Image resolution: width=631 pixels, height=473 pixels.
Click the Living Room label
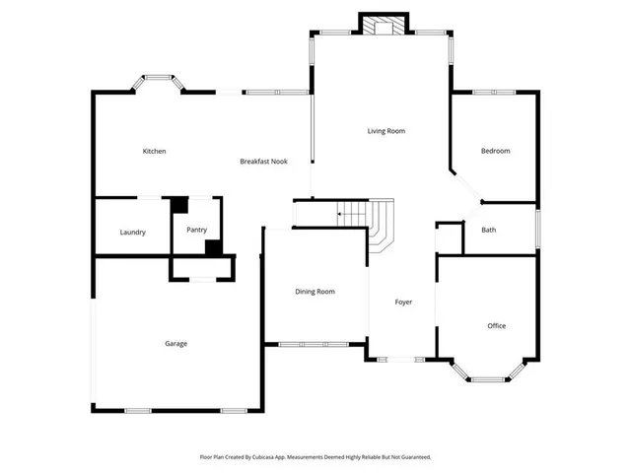click(x=386, y=131)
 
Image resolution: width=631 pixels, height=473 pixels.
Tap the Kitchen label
click(x=154, y=151)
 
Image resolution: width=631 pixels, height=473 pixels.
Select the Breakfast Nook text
click(x=263, y=161)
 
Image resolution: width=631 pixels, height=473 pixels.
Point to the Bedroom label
click(x=495, y=151)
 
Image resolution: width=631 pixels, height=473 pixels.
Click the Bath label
click(x=488, y=230)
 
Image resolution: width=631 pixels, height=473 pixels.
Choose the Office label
click(x=497, y=325)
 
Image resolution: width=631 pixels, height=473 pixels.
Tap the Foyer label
click(x=403, y=302)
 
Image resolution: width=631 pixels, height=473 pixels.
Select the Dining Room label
click(x=315, y=292)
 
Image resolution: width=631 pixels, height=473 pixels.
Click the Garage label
click(x=175, y=344)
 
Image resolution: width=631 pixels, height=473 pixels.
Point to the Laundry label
click(x=133, y=233)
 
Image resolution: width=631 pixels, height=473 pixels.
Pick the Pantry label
click(x=197, y=230)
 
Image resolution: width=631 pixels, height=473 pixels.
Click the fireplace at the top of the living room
click(x=382, y=26)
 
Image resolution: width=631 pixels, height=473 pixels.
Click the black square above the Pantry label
click(x=179, y=205)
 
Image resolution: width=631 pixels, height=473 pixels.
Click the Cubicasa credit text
click(x=315, y=457)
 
